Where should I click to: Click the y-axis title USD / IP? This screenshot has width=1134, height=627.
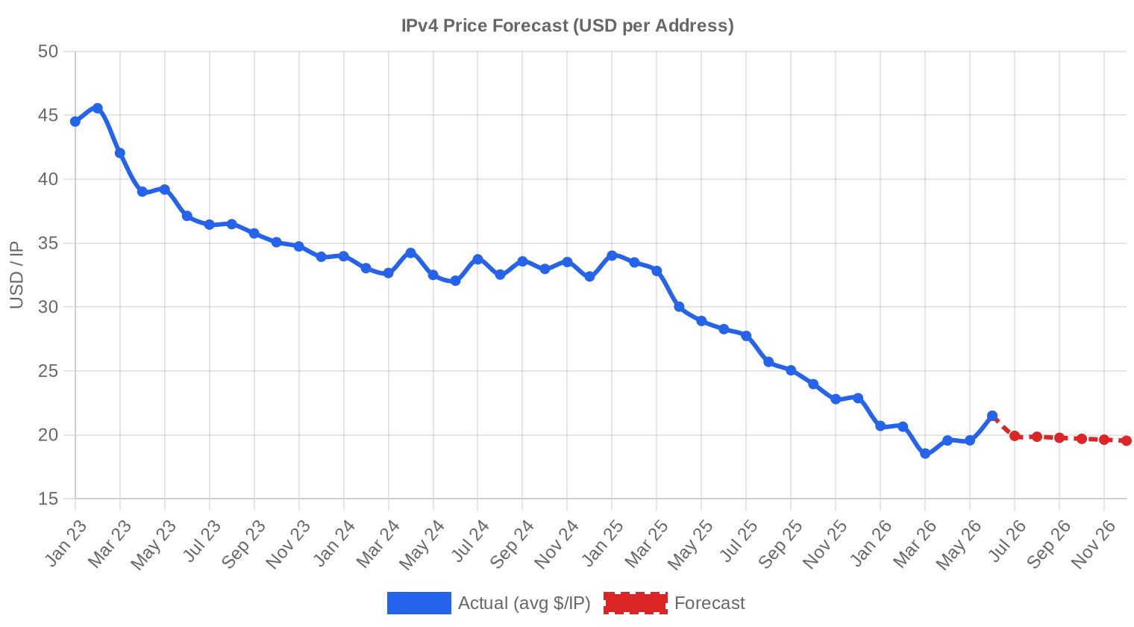pyautogui.click(x=16, y=275)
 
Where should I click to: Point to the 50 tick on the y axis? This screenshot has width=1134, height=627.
pyautogui.click(x=48, y=52)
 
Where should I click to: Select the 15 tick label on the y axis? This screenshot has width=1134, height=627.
pyautogui.click(x=48, y=499)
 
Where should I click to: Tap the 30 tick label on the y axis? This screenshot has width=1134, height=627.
pyautogui.click(x=48, y=307)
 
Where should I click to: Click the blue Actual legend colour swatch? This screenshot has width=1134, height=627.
pyautogui.click(x=419, y=603)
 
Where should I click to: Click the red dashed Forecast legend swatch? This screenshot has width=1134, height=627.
pyautogui.click(x=636, y=603)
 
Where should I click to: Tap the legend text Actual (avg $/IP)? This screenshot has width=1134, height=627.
pyautogui.click(x=524, y=603)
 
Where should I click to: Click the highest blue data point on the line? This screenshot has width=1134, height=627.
pyautogui.click(x=98, y=108)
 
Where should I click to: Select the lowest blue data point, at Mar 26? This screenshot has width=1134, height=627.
pyautogui.click(x=925, y=454)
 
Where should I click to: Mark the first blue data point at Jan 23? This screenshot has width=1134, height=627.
pyautogui.click(x=75, y=122)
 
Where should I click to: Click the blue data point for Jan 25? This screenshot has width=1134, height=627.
pyautogui.click(x=612, y=255)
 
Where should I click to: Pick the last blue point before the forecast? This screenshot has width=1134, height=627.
pyautogui.click(x=992, y=416)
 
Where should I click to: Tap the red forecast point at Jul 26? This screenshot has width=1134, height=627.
pyautogui.click(x=1015, y=436)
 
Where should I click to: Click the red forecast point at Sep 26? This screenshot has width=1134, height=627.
pyautogui.click(x=1059, y=437)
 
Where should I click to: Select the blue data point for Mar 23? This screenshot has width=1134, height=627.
pyautogui.click(x=120, y=153)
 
